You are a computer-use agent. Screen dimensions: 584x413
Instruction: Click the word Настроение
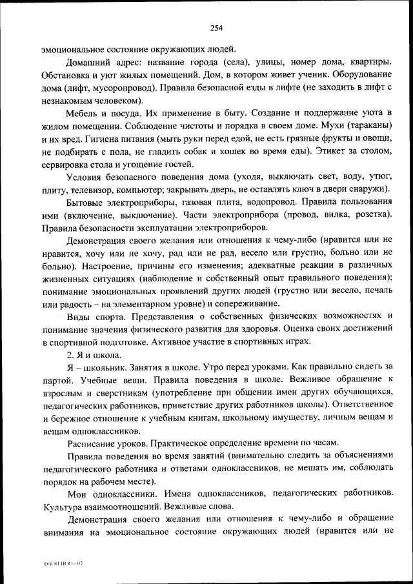(106, 265)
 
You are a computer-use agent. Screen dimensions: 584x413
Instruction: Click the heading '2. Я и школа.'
(94, 354)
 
